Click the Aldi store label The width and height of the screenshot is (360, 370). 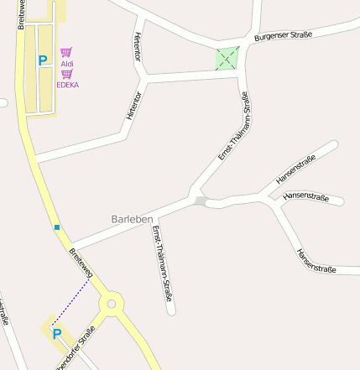coord(67,63)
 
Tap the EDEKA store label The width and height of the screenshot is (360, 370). coord(67,85)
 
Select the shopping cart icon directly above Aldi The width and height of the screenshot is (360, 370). coord(66,52)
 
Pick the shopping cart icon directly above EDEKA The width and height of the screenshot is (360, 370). coord(66,74)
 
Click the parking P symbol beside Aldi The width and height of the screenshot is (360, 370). coord(42,60)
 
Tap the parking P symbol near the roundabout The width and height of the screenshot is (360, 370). coord(57,334)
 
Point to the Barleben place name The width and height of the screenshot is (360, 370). coord(132,219)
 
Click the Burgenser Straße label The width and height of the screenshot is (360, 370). coord(283,36)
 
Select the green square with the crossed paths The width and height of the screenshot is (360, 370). coord(227,59)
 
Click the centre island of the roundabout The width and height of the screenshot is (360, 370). coord(112,301)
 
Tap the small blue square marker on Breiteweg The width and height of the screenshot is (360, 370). coord(56,227)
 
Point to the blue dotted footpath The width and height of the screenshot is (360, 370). coord(70,303)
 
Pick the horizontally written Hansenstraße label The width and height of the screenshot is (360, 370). coord(305,196)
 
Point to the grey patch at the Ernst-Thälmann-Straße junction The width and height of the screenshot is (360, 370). coord(200,201)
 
